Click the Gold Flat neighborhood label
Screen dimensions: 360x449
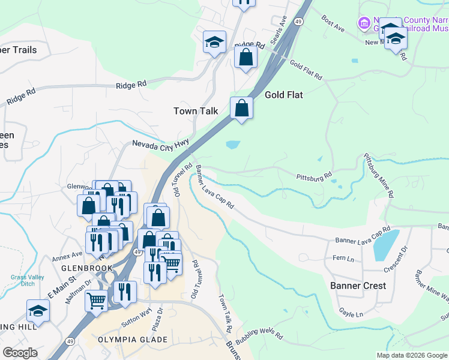[x=283, y=95]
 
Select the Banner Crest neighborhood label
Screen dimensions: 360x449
[x=358, y=286]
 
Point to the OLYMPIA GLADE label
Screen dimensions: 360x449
[x=132, y=340]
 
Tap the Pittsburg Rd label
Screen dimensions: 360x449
[x=314, y=177]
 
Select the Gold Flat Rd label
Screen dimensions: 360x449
[x=306, y=70]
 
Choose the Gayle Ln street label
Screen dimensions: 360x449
[x=351, y=313]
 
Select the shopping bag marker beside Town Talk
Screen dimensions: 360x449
[x=241, y=109]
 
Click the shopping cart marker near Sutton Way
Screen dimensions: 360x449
[x=96, y=301]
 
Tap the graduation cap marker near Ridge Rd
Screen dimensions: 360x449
[x=214, y=43]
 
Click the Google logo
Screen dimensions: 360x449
[x=20, y=353]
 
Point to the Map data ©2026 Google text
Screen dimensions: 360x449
[x=411, y=355]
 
